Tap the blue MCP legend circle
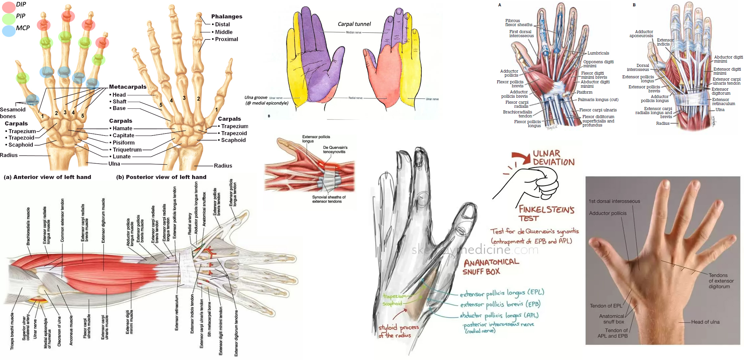pyautogui.click(x=8, y=30)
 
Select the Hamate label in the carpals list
pyautogui.click(x=122, y=128)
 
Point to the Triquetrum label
pyautogui.click(x=127, y=150)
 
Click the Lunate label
pyautogui.click(x=121, y=157)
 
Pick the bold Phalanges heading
pyautogui.click(x=227, y=16)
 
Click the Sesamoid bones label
pyautogui.click(x=12, y=113)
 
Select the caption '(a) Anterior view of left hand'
pyautogui.click(x=47, y=177)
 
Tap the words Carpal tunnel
pyautogui.click(x=354, y=24)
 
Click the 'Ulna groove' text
pyautogui.click(x=256, y=98)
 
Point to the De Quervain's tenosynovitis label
pyautogui.click(x=335, y=150)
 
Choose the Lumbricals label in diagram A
pyautogui.click(x=598, y=53)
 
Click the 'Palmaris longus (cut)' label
pyautogui.click(x=598, y=100)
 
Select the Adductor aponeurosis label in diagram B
pyautogui.click(x=641, y=34)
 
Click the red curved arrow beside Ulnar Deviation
pyautogui.click(x=521, y=157)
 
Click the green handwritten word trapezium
pyautogui.click(x=394, y=296)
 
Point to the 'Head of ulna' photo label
pyautogui.click(x=705, y=322)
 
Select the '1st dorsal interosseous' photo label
pyautogui.click(x=614, y=201)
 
